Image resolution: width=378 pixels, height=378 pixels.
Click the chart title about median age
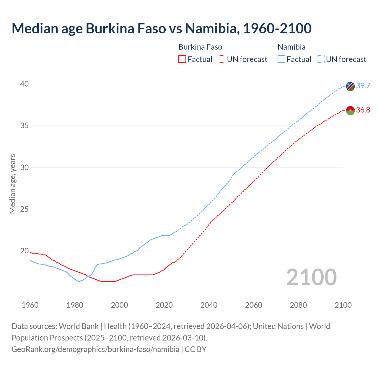pyautogui.click(x=162, y=29)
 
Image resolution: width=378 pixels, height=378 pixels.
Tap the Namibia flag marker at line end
pyautogui.click(x=350, y=86)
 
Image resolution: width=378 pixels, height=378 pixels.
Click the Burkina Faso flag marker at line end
pyautogui.click(x=350, y=110)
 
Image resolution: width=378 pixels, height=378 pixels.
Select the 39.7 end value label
pyautogui.click(x=363, y=86)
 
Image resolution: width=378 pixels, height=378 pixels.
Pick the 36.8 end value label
pyautogui.click(x=363, y=110)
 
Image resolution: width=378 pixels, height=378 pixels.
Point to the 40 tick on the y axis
pyautogui.click(x=24, y=84)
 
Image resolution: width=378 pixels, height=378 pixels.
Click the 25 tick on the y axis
pyautogui.click(x=24, y=209)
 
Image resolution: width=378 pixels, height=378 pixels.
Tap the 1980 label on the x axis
pyautogui.click(x=75, y=305)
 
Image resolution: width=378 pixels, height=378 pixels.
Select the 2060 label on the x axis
pyautogui.click(x=254, y=305)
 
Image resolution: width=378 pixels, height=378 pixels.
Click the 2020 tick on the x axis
pyautogui.click(x=164, y=305)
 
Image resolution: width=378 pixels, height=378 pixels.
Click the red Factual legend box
pyautogui.click(x=182, y=59)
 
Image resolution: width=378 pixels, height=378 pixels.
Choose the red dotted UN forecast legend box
pyautogui.click(x=221, y=59)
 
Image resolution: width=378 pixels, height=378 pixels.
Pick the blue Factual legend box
pyautogui.click(x=281, y=59)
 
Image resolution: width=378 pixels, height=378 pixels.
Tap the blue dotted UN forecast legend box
pyautogui.click(x=320, y=59)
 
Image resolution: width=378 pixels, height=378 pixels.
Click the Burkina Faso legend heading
pyautogui.click(x=200, y=47)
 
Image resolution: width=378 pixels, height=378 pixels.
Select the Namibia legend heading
pyautogui.click(x=291, y=47)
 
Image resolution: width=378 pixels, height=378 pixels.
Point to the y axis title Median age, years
pyautogui.click(x=12, y=184)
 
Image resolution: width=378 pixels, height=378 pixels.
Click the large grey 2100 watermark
pyautogui.click(x=311, y=277)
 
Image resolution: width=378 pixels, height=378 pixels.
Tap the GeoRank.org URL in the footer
pyautogui.click(x=95, y=349)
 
